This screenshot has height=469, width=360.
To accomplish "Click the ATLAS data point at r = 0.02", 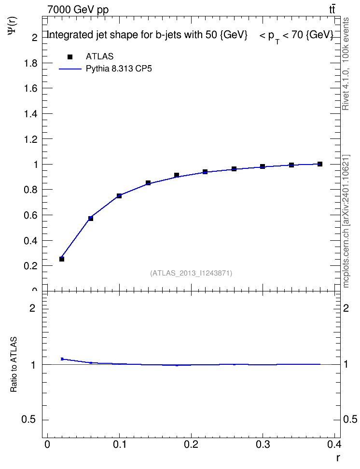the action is (62, 259).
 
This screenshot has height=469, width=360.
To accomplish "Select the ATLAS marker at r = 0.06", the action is (91, 219).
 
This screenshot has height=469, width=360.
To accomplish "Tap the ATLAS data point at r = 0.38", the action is (320, 164).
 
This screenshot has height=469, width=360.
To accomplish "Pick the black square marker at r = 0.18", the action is (177, 175).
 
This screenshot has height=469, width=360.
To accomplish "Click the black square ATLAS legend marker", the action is (70, 57).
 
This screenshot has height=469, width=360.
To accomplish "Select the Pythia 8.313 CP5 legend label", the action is (119, 69).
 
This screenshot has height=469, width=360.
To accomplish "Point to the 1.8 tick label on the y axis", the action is (31, 63).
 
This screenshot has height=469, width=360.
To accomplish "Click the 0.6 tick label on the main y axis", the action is (31, 215).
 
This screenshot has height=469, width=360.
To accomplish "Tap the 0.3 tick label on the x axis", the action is (263, 444).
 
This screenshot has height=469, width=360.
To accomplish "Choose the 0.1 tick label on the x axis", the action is (119, 444).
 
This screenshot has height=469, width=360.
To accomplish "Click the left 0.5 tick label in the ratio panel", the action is (28, 420).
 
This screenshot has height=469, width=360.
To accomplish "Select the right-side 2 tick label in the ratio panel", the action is (346, 308).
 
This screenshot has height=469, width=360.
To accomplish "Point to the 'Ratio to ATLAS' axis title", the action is (14, 365).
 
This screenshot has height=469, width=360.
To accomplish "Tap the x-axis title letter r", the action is (338, 458).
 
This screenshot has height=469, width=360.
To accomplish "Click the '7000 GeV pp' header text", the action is (78, 10).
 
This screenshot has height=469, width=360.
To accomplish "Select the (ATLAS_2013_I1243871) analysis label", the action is (191, 273).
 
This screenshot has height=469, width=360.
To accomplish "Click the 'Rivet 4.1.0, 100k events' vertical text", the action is (346, 64).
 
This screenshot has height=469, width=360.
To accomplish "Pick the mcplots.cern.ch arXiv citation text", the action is (346, 221).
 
